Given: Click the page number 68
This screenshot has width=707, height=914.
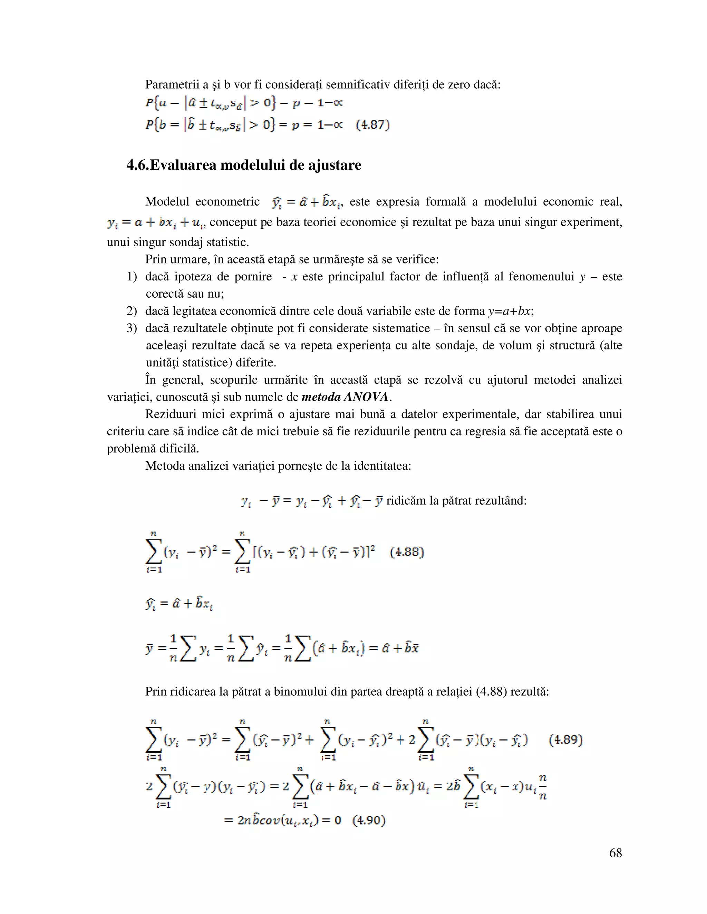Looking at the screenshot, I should (615, 853).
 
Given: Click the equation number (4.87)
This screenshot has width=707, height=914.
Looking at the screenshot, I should (372, 125).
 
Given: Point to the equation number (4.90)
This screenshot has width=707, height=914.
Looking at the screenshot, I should (369, 820).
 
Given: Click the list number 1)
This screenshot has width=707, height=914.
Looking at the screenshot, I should (132, 277).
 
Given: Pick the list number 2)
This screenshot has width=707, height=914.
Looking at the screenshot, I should (132, 311).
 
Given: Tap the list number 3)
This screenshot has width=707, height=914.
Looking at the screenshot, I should (132, 328).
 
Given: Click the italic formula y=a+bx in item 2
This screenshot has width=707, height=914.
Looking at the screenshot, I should (510, 311).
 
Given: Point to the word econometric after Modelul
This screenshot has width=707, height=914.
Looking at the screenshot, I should (227, 202).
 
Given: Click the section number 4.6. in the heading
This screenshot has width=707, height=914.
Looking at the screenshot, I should (137, 165).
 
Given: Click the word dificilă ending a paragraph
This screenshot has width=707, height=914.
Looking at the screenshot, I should (179, 449).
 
